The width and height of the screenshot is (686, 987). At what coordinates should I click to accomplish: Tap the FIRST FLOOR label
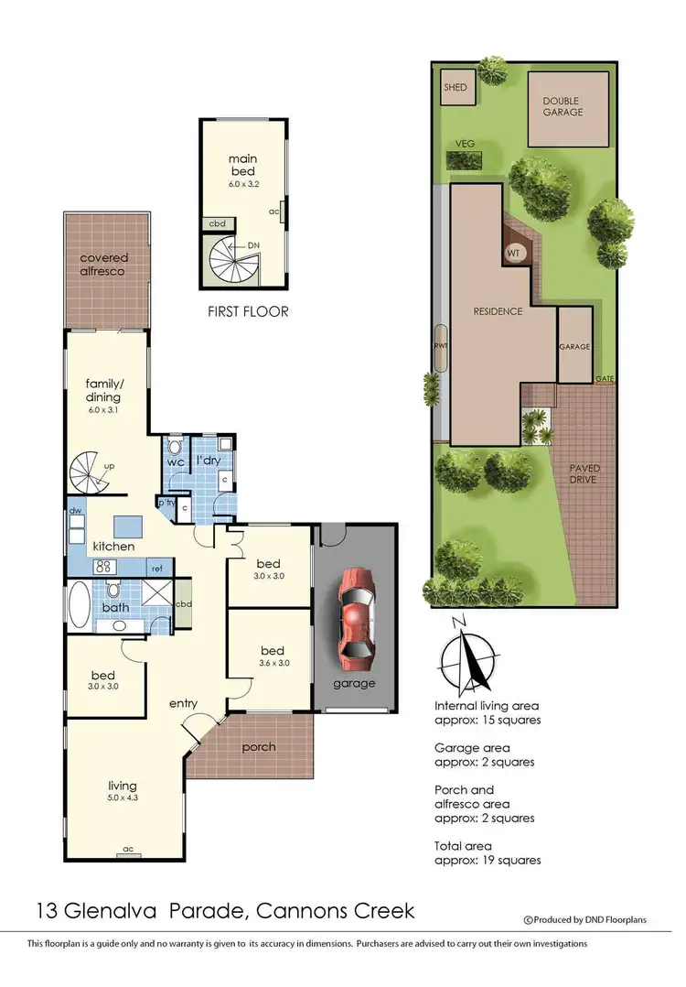point(249,311)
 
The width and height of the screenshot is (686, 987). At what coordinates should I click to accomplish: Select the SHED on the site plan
point(455,88)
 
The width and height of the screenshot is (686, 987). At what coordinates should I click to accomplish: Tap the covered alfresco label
point(103,265)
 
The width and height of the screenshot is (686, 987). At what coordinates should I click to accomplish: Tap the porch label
point(258,747)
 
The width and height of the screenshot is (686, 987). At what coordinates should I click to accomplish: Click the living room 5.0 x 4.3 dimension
point(122,797)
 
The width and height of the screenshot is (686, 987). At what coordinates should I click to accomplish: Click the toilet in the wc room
point(176,449)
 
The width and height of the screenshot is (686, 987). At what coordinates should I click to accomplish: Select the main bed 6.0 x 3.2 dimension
point(242,184)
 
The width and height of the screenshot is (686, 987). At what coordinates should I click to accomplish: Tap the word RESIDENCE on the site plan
point(498,311)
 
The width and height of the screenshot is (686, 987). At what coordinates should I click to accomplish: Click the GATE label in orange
point(605,377)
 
